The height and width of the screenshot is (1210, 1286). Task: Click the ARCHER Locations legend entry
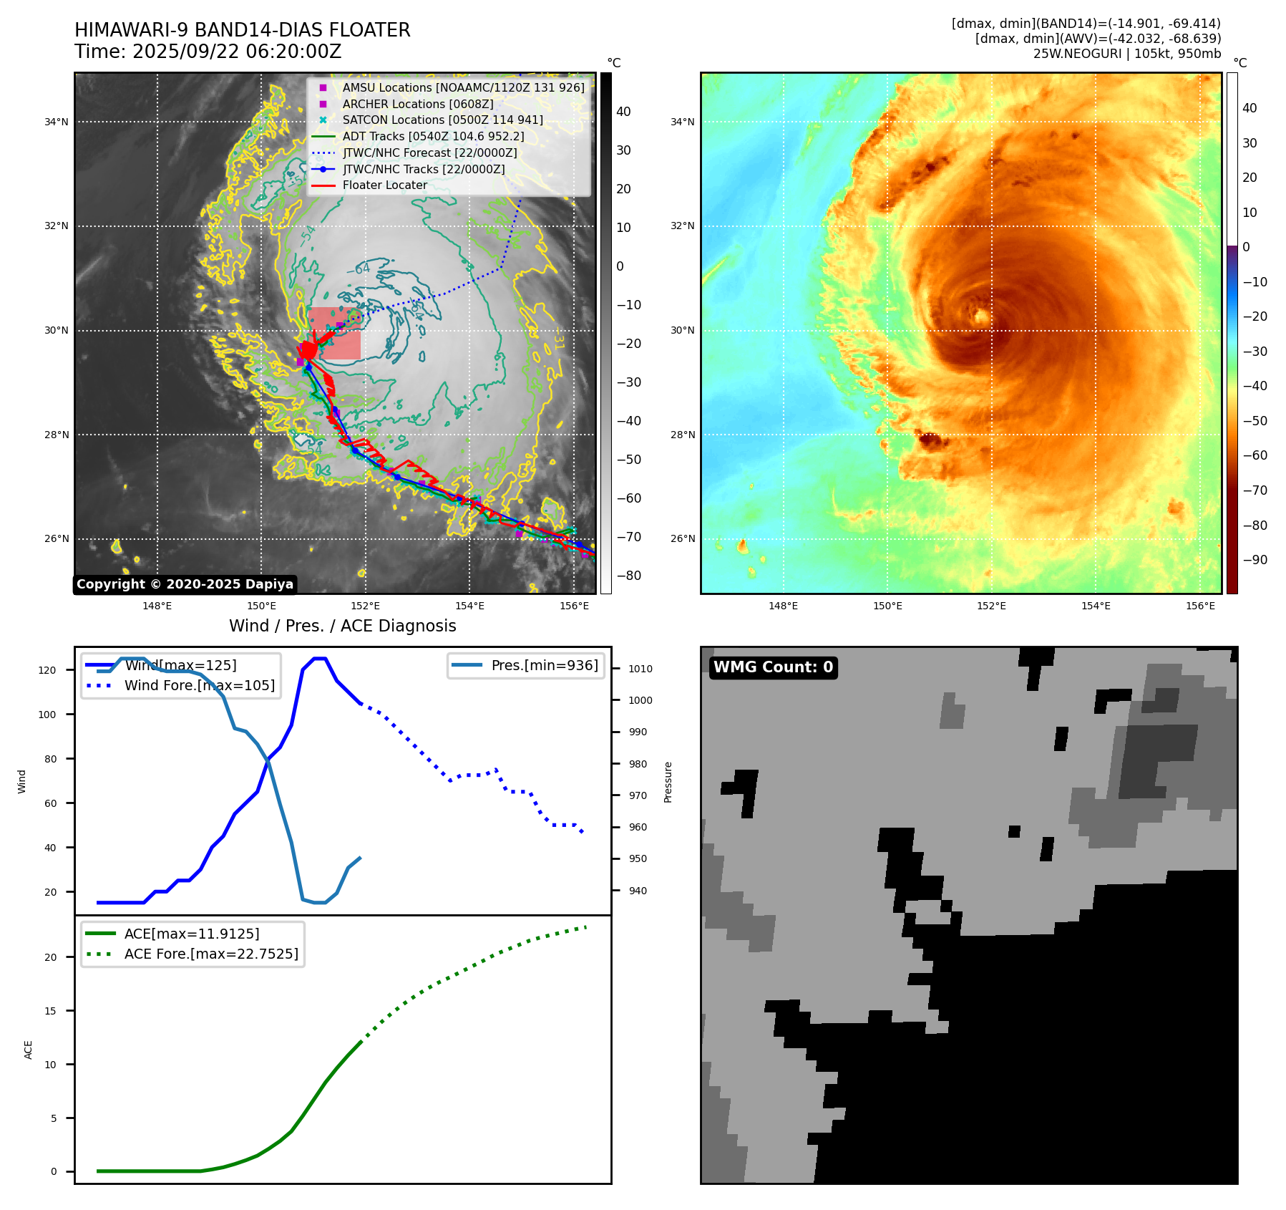point(417,104)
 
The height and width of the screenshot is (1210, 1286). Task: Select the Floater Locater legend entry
point(384,185)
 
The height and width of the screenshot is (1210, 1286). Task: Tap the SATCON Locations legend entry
point(442,120)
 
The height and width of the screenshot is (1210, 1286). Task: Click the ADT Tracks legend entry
point(433,136)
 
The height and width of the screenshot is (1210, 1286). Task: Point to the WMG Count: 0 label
point(773,667)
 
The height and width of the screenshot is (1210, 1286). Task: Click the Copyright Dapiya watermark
point(185,584)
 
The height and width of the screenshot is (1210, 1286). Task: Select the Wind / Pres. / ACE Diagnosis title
point(342,626)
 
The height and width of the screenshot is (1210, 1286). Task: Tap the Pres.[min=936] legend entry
point(544,665)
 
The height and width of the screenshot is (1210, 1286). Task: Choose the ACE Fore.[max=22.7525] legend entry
point(211,954)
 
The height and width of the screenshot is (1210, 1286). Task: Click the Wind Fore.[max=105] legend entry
point(199,685)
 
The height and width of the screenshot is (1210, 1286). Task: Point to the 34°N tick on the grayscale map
point(57,122)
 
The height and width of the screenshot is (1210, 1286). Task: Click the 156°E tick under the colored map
point(1200,606)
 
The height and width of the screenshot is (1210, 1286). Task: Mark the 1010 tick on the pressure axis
point(640,669)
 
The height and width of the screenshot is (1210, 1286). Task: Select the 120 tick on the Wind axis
point(47,670)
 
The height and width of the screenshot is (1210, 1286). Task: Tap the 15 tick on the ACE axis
point(50,1011)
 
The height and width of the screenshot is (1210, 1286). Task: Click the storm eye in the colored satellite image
point(981,316)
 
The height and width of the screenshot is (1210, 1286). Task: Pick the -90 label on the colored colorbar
point(1255,560)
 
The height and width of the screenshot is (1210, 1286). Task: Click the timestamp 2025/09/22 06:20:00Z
point(237,52)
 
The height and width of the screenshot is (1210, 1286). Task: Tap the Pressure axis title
point(668,782)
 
